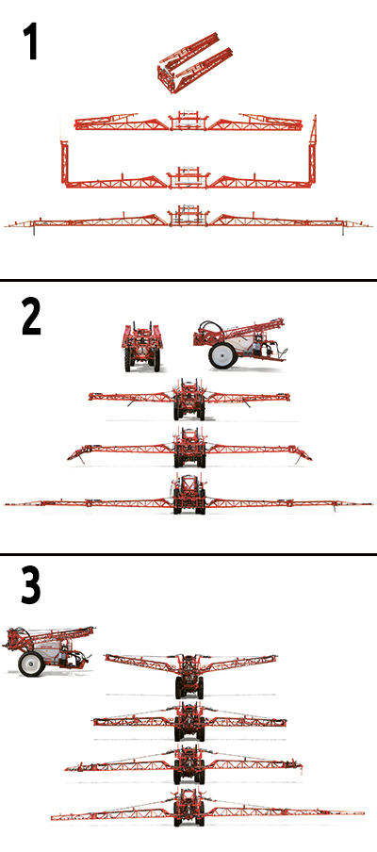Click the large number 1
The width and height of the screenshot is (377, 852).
[29, 42]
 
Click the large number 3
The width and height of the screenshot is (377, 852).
[31, 586]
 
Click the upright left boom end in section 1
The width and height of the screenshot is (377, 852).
[64, 162]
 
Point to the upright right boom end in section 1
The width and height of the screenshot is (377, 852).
[312, 147]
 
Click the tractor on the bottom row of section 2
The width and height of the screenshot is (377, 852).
[188, 494]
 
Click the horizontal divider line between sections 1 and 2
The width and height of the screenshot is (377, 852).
[188, 280]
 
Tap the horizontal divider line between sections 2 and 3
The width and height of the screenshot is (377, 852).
[188, 554]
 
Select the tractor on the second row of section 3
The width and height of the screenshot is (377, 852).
[188, 722]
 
